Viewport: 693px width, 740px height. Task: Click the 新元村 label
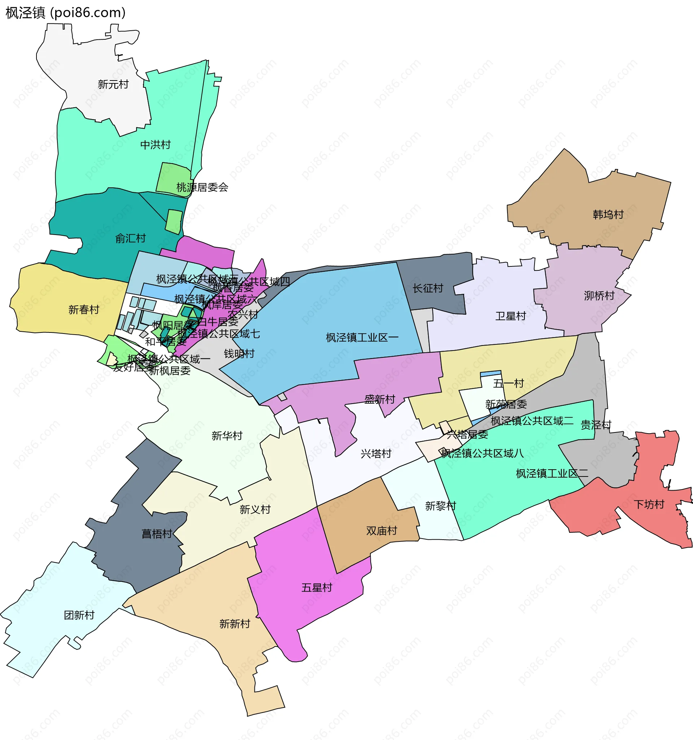click(x=113, y=84)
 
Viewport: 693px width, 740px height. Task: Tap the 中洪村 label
click(x=156, y=144)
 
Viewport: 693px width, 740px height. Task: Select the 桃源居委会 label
click(x=202, y=187)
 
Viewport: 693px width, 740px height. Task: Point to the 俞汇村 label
click(x=130, y=238)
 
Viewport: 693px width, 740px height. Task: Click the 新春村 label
click(x=84, y=310)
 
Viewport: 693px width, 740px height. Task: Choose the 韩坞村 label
click(x=608, y=214)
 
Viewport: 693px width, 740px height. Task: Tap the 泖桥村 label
click(x=599, y=296)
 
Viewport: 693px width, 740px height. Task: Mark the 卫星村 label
click(x=511, y=316)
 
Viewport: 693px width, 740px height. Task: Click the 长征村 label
click(x=428, y=288)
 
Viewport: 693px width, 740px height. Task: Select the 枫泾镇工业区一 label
click(x=362, y=338)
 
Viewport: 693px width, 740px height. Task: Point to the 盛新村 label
click(x=380, y=399)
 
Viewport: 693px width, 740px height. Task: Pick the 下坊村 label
click(x=649, y=504)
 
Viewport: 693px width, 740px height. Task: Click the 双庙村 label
click(x=382, y=531)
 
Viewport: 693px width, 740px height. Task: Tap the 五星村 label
click(x=317, y=588)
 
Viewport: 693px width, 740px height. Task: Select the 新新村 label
click(x=235, y=624)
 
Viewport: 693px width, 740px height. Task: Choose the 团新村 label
click(x=79, y=615)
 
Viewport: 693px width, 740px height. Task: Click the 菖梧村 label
click(x=157, y=534)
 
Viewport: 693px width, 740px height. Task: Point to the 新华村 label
click(x=227, y=435)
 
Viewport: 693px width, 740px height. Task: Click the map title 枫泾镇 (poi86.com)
click(x=65, y=13)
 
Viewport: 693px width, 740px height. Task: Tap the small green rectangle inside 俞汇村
click(x=174, y=222)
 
